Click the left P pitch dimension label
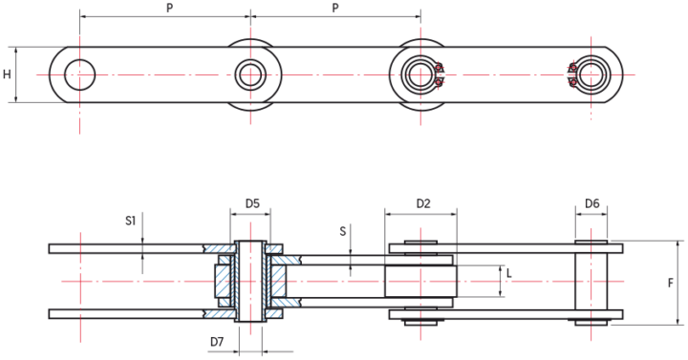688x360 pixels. [x=169, y=8]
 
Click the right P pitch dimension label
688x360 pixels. [x=335, y=8]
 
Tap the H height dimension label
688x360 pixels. [x=8, y=74]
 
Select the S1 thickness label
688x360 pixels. [x=131, y=221]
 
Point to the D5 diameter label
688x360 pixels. [x=252, y=203]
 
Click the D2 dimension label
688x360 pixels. [x=423, y=203]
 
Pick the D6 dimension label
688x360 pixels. [x=591, y=203]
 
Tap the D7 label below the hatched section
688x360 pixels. [x=217, y=341]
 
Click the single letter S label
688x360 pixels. [x=343, y=231]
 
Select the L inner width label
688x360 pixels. [x=510, y=275]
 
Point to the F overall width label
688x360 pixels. [x=671, y=283]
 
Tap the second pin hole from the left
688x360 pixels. [x=250, y=73]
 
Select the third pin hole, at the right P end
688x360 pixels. [x=420, y=73]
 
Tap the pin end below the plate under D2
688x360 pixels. [x=420, y=322]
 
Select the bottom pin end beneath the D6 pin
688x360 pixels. [x=591, y=322]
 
